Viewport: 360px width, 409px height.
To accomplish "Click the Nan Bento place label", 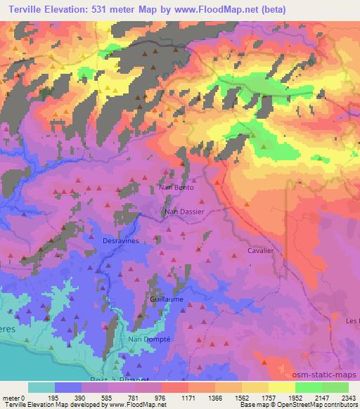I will pyautogui.click(x=176, y=188).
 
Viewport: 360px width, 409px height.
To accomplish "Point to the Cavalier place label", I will pyautogui.click(x=260, y=250).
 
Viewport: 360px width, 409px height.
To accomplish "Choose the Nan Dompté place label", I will pyautogui.click(x=146, y=339).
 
